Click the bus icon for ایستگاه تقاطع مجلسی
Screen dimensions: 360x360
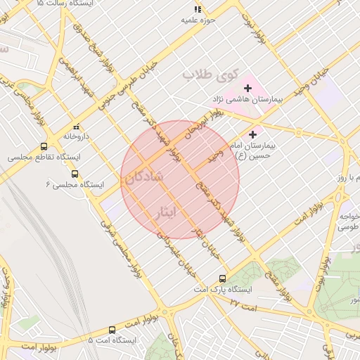(44, 147)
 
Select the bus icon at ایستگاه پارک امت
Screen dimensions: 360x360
(223, 278)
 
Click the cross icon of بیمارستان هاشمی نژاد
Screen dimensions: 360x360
(247, 88)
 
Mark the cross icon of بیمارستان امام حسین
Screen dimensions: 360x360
(253, 134)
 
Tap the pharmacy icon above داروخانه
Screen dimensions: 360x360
(76, 127)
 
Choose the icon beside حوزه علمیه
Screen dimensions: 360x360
(198, 10)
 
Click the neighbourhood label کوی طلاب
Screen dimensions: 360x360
(210, 74)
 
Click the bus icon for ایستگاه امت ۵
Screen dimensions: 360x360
(112, 330)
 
